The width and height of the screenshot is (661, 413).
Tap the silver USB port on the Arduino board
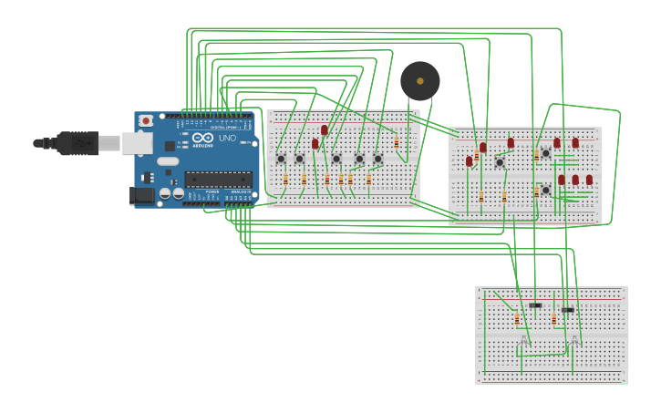click(x=136, y=142)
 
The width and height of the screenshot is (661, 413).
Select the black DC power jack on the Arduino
click(x=141, y=194)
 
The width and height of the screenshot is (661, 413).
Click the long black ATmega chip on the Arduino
click(x=219, y=179)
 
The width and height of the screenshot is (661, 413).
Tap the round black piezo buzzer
click(x=420, y=81)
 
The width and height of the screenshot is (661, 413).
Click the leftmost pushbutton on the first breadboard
click(x=281, y=159)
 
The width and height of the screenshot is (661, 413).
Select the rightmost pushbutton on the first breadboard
click(x=377, y=159)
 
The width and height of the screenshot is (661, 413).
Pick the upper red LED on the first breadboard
click(x=324, y=130)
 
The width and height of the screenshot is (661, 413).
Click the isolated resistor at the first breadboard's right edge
click(x=397, y=143)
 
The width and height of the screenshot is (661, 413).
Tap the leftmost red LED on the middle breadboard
click(x=470, y=161)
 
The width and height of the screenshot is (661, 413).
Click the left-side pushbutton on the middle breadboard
click(x=500, y=162)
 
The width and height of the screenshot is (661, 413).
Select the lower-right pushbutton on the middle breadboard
click(x=545, y=190)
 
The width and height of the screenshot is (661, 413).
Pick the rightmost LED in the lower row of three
click(x=589, y=180)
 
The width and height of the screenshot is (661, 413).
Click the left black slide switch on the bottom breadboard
click(x=535, y=305)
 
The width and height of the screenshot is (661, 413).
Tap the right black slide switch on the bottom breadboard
click(x=567, y=310)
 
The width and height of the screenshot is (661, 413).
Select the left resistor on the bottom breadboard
click(x=517, y=320)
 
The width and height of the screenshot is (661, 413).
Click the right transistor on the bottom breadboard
click(x=575, y=339)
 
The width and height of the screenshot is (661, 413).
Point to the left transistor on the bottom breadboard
click(x=524, y=339)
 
